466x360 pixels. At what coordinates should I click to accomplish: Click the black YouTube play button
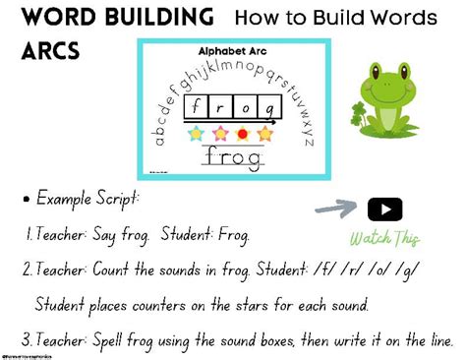point(384,210)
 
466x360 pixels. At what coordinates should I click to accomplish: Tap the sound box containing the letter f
point(198,107)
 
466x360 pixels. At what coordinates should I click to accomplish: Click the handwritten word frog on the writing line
point(230,157)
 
